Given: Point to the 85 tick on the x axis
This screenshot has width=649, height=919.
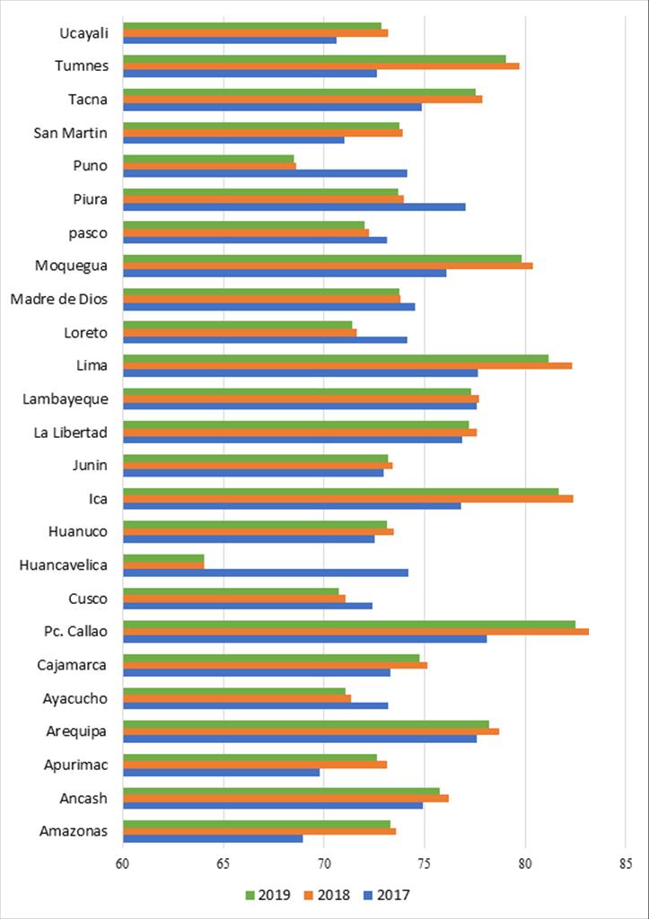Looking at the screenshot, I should click(x=626, y=864).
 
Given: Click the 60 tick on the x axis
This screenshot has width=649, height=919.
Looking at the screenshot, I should click(x=123, y=864).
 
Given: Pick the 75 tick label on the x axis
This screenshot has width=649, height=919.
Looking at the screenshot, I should click(x=425, y=864).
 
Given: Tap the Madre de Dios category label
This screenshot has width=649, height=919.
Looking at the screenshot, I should click(x=59, y=300).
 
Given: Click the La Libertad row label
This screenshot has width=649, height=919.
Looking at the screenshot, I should click(x=71, y=433).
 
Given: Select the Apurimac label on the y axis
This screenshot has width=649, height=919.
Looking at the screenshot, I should click(x=75, y=765).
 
